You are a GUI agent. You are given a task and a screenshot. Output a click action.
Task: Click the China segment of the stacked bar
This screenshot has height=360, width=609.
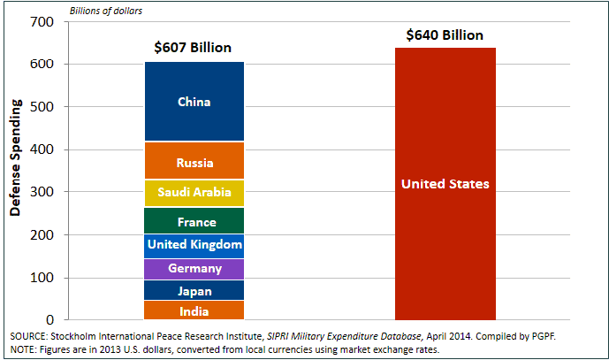[194, 102]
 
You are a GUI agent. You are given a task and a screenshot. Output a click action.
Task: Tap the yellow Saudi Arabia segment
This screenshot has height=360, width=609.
[194, 192]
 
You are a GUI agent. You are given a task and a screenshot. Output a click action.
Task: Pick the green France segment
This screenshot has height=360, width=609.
[194, 221]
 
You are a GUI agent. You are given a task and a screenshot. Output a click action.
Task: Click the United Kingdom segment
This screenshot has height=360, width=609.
[194, 245]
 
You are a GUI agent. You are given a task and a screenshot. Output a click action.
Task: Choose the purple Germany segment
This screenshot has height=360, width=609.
[194, 269]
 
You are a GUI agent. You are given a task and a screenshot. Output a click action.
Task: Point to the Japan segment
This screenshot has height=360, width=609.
[194, 290]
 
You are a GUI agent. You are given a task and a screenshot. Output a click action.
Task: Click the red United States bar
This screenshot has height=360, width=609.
[445, 184]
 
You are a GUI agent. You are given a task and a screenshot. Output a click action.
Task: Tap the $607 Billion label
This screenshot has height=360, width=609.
[194, 48]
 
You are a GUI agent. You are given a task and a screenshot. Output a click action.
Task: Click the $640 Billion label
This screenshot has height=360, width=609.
[445, 35]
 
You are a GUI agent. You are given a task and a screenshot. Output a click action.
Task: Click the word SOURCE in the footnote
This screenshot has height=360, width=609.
[29, 337]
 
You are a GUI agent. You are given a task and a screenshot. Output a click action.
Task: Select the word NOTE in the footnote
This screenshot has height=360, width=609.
[24, 350]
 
